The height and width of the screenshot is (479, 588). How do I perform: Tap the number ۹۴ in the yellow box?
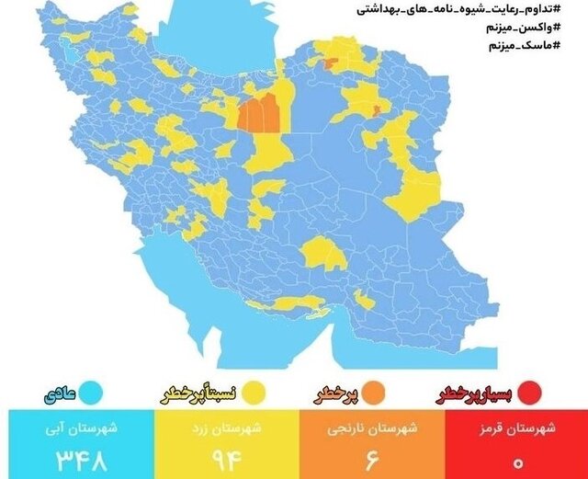(221, 456)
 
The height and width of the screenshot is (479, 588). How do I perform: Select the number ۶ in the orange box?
(367, 456)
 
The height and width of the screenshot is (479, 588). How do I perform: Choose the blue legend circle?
(91, 395)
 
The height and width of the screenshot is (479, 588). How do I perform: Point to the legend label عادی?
(58, 396)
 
